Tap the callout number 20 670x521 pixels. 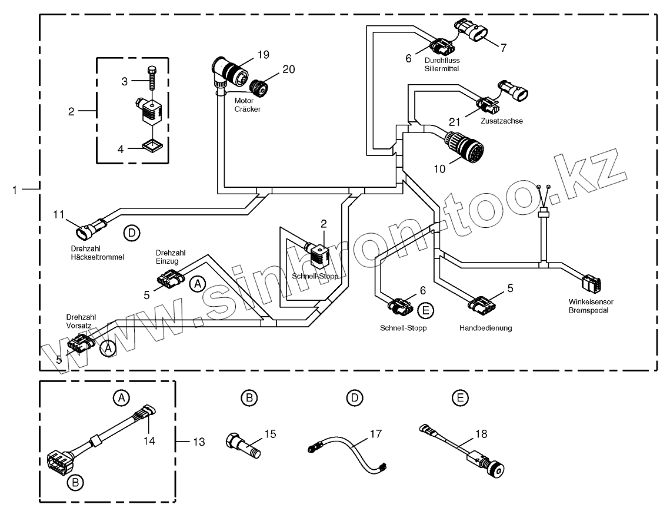(x=288, y=69)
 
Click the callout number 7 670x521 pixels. (x=503, y=47)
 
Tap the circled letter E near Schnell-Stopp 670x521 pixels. (x=425, y=310)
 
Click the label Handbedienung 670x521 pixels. (x=485, y=328)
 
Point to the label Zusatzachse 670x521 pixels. (x=502, y=121)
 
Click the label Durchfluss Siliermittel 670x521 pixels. (x=441, y=64)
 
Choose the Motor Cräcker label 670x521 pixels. (x=247, y=105)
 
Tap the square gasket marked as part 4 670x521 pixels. (x=152, y=144)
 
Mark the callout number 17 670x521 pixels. (x=375, y=434)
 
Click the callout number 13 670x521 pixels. (x=198, y=441)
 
